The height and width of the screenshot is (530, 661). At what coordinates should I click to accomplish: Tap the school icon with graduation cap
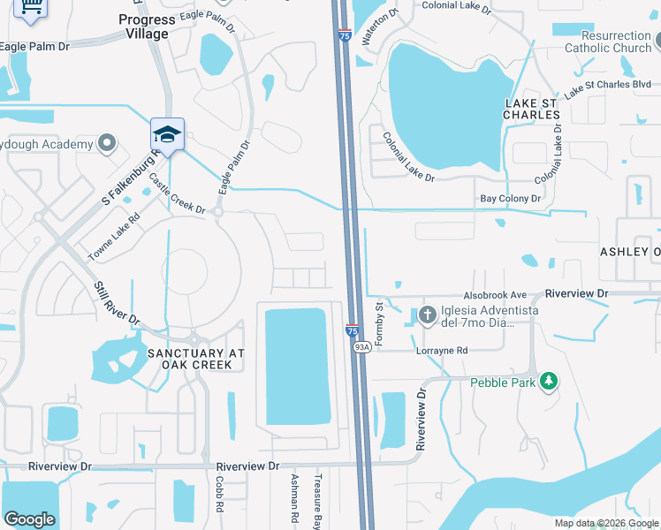167,134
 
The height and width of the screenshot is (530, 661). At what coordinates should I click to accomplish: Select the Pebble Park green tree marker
550,382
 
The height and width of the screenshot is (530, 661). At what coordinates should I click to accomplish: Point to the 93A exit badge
361,348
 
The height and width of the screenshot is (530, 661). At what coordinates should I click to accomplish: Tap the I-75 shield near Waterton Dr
345,35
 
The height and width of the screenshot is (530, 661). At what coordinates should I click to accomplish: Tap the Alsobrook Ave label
495,295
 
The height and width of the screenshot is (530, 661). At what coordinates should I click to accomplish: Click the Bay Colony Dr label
510,200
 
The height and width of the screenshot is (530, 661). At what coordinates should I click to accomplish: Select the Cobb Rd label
218,496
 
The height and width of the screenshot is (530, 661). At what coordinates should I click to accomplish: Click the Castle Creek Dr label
177,194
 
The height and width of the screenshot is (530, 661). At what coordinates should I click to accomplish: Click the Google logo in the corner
29,519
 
